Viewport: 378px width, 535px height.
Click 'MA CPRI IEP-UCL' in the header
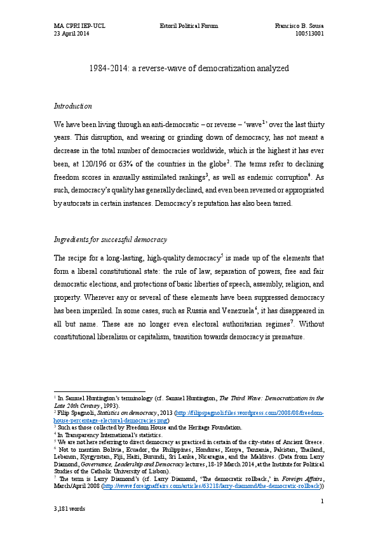pyautogui.click(x=78, y=26)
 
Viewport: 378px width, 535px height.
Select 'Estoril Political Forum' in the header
pyautogui.click(x=188, y=26)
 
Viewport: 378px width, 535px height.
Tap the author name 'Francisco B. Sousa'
pyautogui.click(x=299, y=26)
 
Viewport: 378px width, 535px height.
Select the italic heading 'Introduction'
pyautogui.click(x=73, y=106)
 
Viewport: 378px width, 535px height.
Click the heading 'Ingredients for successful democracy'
pyautogui.click(x=110, y=240)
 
